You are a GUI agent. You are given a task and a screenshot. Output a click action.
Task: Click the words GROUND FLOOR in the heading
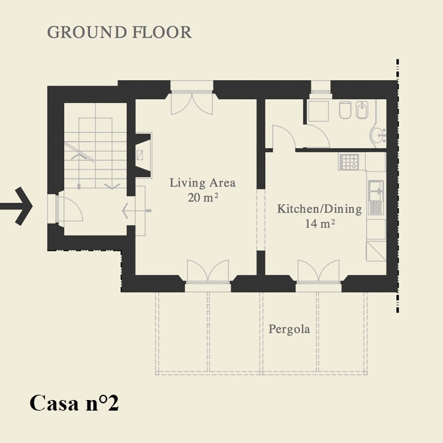click(119, 32)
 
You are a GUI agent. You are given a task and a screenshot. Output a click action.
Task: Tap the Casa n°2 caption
click(74, 403)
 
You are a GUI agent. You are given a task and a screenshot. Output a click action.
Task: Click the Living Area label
click(202, 182)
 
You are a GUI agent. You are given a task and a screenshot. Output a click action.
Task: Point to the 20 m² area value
click(203, 198)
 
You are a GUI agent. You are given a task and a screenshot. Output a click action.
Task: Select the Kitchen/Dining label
click(319, 209)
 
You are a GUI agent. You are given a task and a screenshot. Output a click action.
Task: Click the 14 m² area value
click(320, 223)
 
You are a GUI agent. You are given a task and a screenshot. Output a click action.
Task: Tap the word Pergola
click(289, 329)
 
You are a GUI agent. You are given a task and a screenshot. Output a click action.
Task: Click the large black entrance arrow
click(17, 206)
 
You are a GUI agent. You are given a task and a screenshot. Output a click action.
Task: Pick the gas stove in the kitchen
click(349, 162)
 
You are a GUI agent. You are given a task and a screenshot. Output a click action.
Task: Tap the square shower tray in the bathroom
click(319, 111)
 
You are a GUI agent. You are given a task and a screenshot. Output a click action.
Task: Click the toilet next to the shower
click(344, 110)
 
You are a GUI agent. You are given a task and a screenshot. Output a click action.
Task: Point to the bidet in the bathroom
click(362, 110)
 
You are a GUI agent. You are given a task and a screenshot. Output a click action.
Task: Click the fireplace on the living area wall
click(143, 155)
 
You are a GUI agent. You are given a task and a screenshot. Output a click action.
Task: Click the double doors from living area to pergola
click(208, 271)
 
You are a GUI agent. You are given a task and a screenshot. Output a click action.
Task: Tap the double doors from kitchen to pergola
click(319, 271)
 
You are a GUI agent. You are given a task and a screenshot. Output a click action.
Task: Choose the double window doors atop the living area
click(192, 103)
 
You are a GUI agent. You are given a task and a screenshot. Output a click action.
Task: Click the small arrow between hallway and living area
click(136, 210)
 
